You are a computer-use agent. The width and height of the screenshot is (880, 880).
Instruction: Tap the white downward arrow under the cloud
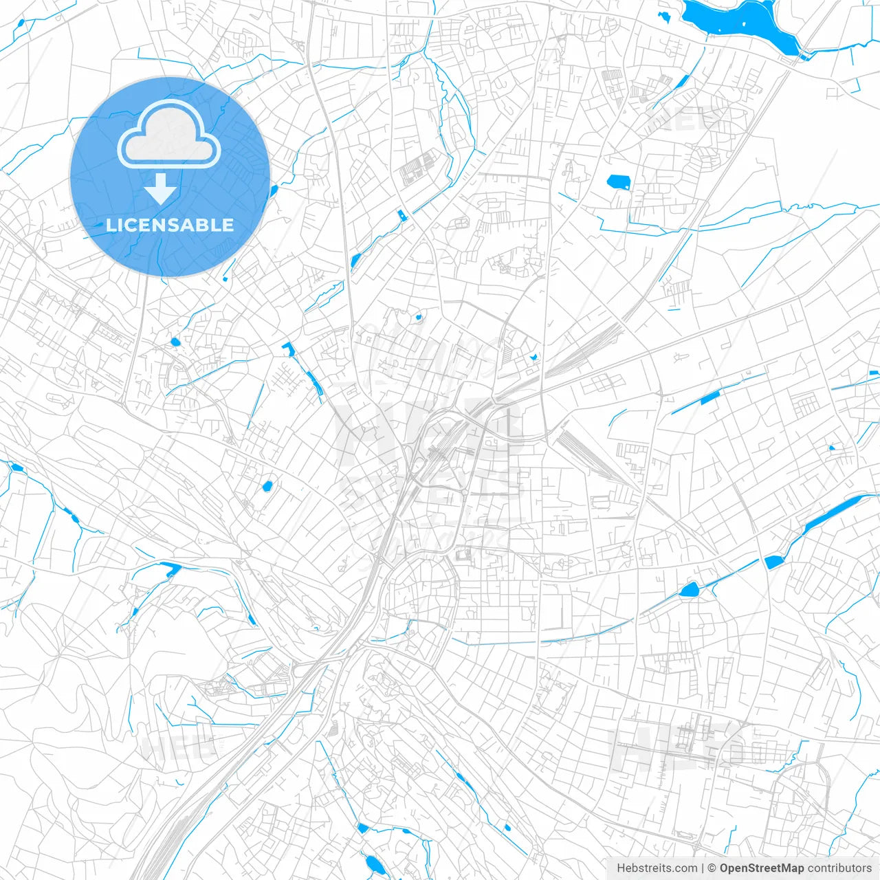(x=161, y=188)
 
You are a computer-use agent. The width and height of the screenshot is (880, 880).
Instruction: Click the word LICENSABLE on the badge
(x=170, y=225)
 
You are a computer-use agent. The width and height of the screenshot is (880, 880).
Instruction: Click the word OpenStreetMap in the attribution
(x=761, y=868)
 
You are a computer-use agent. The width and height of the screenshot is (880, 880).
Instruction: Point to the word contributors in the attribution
(x=839, y=868)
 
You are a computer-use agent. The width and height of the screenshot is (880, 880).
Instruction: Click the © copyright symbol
(x=712, y=868)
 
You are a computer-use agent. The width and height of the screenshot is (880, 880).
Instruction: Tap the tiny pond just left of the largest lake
(x=663, y=15)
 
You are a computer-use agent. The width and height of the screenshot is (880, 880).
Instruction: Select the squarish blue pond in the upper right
(x=618, y=182)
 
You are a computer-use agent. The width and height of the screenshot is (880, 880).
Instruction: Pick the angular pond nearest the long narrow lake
(x=773, y=562)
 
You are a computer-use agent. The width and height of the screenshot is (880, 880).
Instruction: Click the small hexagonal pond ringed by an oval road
(x=689, y=589)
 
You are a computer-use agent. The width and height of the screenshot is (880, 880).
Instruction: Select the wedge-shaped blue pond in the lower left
(x=168, y=568)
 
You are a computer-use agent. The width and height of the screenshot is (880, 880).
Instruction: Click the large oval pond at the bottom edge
(x=373, y=863)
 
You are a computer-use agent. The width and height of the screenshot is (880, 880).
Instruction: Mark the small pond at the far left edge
(x=16, y=468)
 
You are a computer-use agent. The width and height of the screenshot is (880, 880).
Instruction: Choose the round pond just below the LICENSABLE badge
(x=175, y=342)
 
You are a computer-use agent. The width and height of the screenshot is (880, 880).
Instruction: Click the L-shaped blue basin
(x=288, y=348)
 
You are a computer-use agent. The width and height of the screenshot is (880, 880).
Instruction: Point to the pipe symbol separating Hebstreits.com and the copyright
(x=703, y=868)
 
